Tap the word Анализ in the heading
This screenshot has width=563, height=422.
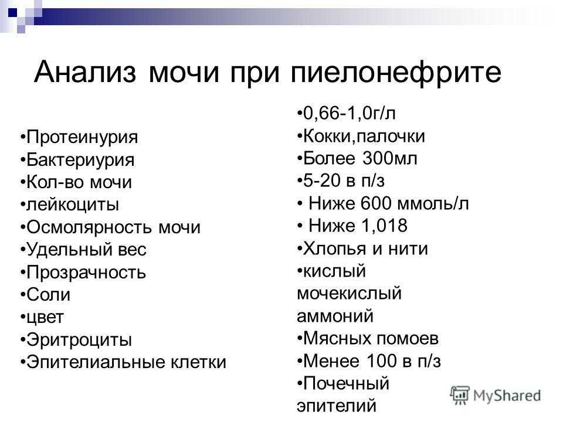(86, 72)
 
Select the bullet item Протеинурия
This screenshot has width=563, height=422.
(79, 137)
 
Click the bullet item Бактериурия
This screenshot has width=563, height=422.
(77, 160)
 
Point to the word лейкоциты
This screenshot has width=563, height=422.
(73, 205)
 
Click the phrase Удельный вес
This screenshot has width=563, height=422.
(87, 250)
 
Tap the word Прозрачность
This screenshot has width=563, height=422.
(86, 273)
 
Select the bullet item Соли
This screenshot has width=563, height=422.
(45, 295)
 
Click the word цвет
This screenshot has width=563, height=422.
(45, 318)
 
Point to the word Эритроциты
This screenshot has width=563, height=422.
(79, 340)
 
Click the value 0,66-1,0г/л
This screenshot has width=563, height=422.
(350, 113)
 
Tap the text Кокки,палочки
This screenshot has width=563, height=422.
(364, 137)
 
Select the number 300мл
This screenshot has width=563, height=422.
(389, 158)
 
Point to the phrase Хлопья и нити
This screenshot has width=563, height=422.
(365, 249)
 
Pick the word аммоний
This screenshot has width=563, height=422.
(335, 316)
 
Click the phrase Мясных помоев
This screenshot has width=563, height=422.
(371, 338)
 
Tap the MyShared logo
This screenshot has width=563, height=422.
(496, 395)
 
